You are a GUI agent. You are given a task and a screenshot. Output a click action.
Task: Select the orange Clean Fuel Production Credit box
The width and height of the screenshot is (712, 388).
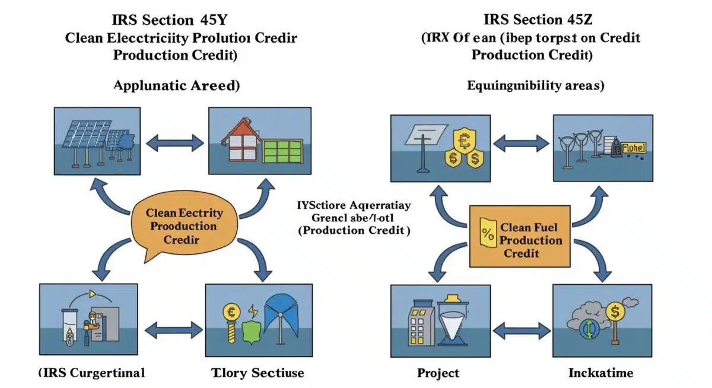[520, 237]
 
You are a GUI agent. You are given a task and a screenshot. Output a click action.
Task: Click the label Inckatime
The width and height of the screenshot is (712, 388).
[600, 373]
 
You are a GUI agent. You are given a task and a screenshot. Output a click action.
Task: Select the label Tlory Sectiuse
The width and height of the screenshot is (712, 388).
[258, 373]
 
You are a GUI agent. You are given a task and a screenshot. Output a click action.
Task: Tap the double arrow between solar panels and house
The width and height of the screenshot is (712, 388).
[174, 142]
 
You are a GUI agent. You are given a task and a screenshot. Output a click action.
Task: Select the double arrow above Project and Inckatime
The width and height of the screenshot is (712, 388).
[522, 329]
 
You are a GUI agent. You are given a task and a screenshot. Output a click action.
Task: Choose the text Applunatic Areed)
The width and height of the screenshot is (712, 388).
[176, 85]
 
